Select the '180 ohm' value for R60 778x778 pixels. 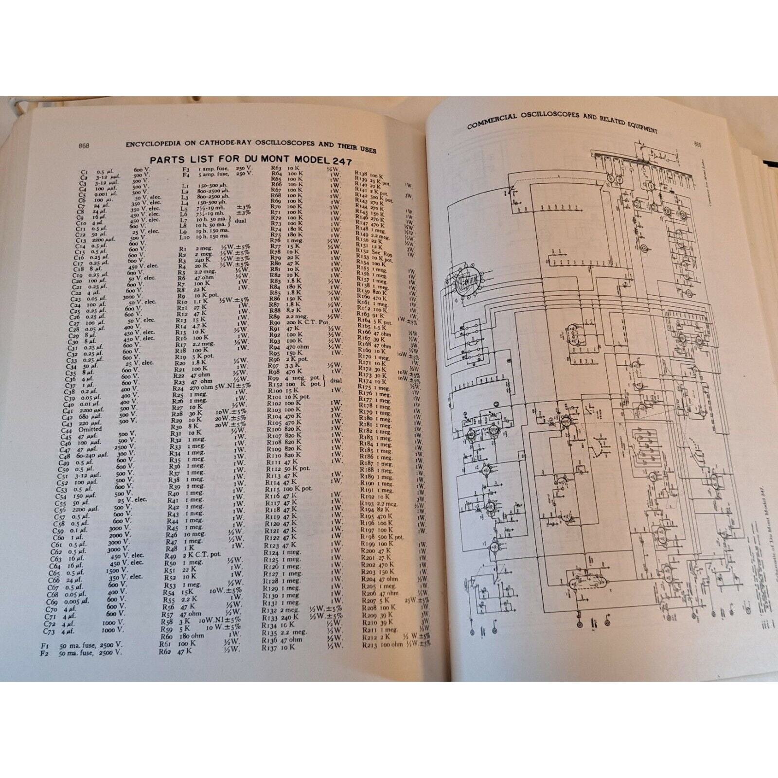point(190,636)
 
